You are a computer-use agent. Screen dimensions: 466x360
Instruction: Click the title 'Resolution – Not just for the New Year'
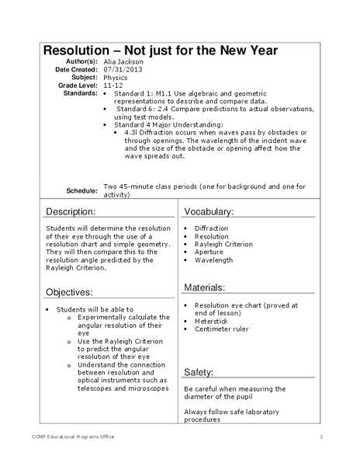pyautogui.click(x=160, y=50)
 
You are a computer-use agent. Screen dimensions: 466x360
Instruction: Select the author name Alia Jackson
pyautogui.click(x=123, y=61)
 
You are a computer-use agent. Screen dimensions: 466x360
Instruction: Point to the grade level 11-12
pyautogui.click(x=112, y=85)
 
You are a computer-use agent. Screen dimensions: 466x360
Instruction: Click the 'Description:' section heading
pyautogui.click(x=71, y=211)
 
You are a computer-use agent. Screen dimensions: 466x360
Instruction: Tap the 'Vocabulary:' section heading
pyautogui.click(x=209, y=211)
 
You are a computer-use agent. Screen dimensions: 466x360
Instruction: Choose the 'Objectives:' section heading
pyautogui.click(x=70, y=292)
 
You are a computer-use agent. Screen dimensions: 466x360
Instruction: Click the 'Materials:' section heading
pyautogui.click(x=205, y=287)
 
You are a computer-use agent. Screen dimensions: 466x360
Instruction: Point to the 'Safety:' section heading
pyautogui.click(x=199, y=372)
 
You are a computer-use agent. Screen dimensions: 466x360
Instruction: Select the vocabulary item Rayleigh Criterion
pyautogui.click(x=223, y=244)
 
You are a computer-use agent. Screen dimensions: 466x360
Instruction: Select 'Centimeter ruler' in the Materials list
pyautogui.click(x=221, y=329)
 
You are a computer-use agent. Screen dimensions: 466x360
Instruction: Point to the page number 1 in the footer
pyautogui.click(x=320, y=436)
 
